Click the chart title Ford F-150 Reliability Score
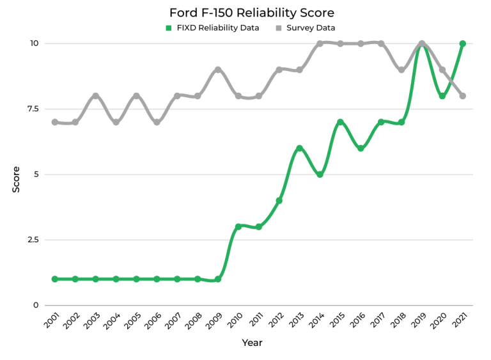pos(251,13)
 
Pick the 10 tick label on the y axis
pos(33,43)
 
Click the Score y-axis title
pos(17,180)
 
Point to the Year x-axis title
pos(252,343)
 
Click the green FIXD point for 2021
pos(462,43)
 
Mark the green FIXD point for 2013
pos(299,148)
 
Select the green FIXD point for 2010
pos(238,226)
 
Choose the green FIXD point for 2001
pos(55,279)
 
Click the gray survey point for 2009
pos(218,70)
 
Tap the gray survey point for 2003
pos(96,96)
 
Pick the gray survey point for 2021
pos(462,96)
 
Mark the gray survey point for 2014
pos(320,43)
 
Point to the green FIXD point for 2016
pos(361,148)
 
